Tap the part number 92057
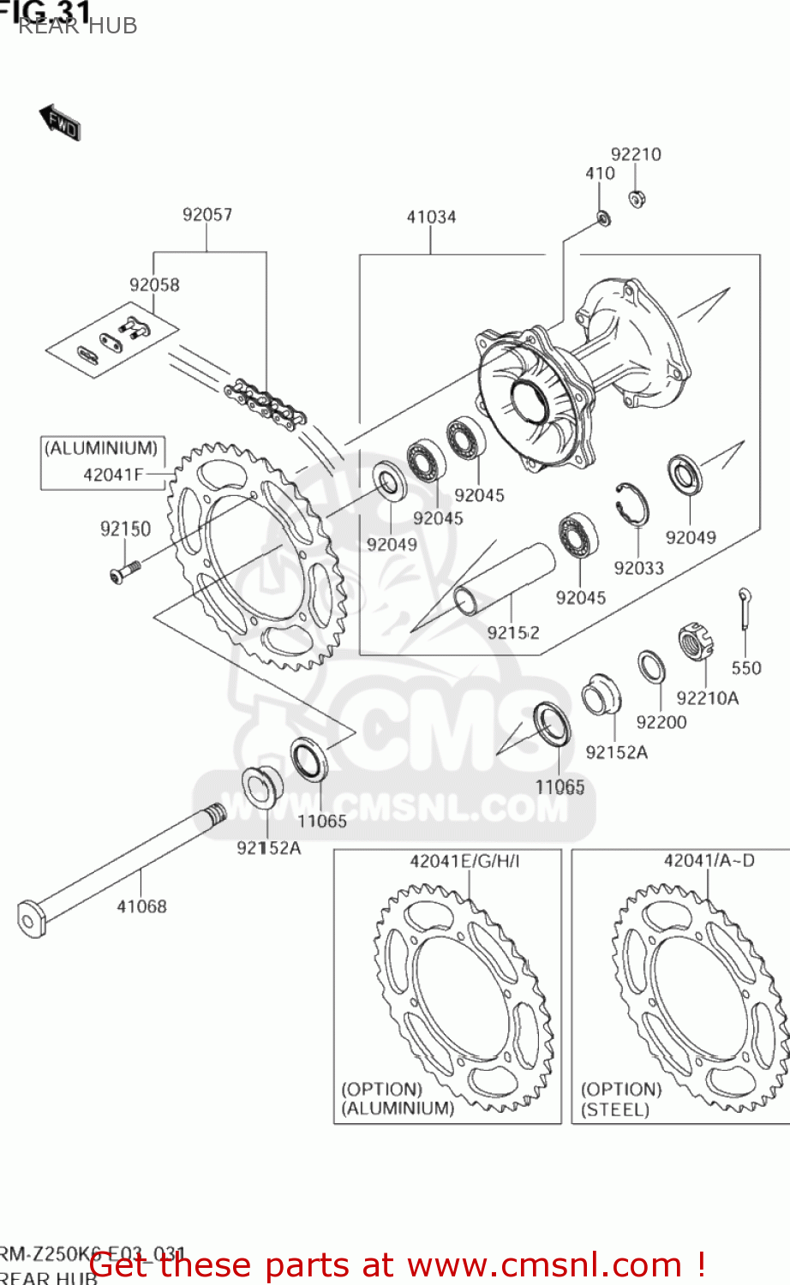[206, 214]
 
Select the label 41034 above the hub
[431, 217]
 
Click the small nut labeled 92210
[637, 199]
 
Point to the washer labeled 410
[603, 219]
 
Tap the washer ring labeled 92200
[650, 667]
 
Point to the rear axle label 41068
[141, 906]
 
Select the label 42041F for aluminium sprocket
[113, 474]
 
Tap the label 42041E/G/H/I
[464, 861]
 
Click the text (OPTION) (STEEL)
[620, 1099]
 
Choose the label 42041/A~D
[709, 860]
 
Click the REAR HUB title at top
[77, 26]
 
